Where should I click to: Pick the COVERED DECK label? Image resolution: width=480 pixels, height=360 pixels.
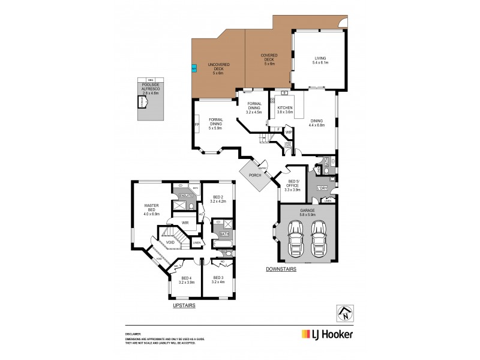point(268,59)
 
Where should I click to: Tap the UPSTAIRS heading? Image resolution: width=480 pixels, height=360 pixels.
point(184,305)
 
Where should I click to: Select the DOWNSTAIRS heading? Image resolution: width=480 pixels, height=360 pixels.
point(281,269)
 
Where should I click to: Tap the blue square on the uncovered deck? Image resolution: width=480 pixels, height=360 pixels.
point(194,68)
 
